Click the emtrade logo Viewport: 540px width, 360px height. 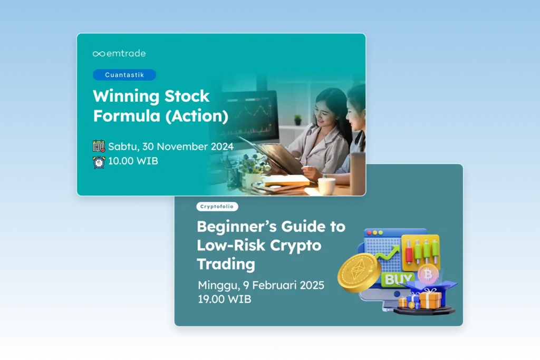pyautogui.click(x=119, y=53)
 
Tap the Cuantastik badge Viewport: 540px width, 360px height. pyautogui.click(x=124, y=75)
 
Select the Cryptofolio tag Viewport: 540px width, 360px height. pyautogui.click(x=217, y=207)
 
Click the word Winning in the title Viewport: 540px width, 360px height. pyautogui.click(x=126, y=96)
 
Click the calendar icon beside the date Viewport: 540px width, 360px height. pyautogui.click(x=99, y=146)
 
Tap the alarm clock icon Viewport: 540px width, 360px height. pyautogui.click(x=99, y=162)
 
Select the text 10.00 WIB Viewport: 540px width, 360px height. pyautogui.click(x=133, y=161)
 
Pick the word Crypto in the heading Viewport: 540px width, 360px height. pyautogui.click(x=295, y=246)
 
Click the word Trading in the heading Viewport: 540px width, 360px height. pyautogui.click(x=226, y=264)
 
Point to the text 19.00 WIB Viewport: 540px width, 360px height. pyautogui.click(x=225, y=299)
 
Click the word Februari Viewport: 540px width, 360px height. pyautogui.click(x=274, y=285)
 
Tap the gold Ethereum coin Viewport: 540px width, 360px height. pyautogui.click(x=359, y=273)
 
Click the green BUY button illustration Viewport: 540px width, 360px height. pyautogui.click(x=398, y=279)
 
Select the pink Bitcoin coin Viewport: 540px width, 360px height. pyautogui.click(x=428, y=274)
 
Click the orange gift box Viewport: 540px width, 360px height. pyautogui.click(x=430, y=299)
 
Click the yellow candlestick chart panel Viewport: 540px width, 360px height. pyautogui.click(x=420, y=252)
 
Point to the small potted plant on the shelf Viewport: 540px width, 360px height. pyautogui.click(x=298, y=120)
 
